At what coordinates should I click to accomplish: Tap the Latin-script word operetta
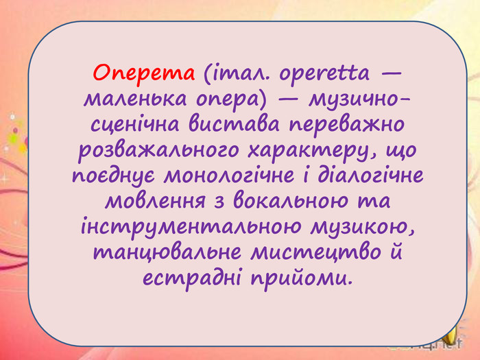324,74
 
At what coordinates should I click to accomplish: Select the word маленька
135,99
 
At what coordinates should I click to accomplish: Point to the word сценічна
135,125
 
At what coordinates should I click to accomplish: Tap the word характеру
312,151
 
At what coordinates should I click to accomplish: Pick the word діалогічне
370,176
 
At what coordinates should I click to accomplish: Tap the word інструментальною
191,227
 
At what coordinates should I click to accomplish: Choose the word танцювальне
167,252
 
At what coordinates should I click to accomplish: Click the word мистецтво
316,252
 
